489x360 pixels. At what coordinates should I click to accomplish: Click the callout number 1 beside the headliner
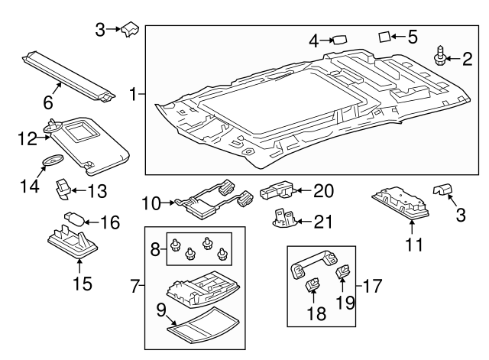click(x=134, y=95)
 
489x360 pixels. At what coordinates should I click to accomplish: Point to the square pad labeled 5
click(x=386, y=35)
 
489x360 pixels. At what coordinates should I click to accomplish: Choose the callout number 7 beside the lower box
click(x=135, y=287)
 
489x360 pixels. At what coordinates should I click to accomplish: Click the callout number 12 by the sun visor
click(x=28, y=138)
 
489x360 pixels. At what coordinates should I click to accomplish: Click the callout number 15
click(x=82, y=284)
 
